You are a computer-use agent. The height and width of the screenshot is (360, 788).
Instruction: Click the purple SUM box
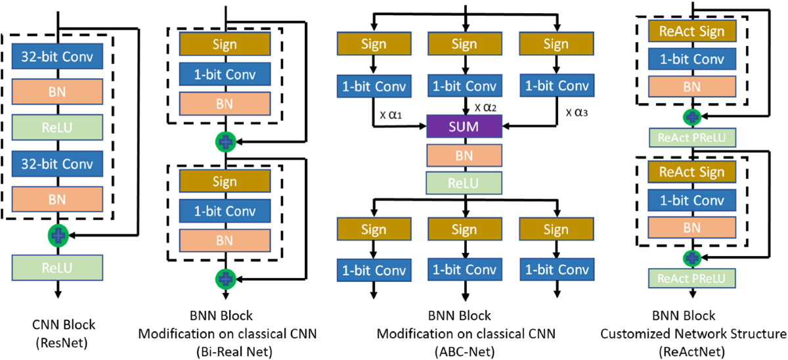(x=464, y=126)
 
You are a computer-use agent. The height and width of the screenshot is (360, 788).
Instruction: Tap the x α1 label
(x=391, y=115)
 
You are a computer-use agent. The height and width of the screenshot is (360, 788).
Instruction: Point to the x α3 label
(x=577, y=112)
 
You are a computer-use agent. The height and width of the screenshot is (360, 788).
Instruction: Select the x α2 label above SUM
(x=485, y=108)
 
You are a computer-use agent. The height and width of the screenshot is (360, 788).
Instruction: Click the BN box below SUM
(x=464, y=155)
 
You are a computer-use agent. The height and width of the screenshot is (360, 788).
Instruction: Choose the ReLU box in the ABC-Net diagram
(x=464, y=183)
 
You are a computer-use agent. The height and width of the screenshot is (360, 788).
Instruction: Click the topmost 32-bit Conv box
(x=57, y=56)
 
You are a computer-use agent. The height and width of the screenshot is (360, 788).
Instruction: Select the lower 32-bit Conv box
(x=57, y=164)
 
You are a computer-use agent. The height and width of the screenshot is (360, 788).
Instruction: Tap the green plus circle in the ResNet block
(x=58, y=235)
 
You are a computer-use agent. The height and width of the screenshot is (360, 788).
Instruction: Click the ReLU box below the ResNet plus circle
(x=57, y=268)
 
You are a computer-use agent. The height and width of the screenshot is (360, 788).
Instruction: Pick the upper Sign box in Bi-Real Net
(x=225, y=44)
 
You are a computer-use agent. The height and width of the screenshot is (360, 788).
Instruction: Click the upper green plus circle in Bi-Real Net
(x=225, y=142)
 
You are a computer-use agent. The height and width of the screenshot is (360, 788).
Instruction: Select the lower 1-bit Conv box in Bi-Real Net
(x=225, y=211)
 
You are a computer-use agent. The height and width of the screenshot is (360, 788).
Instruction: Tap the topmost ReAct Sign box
(x=692, y=31)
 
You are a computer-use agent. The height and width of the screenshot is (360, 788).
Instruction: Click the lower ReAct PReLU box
(x=691, y=279)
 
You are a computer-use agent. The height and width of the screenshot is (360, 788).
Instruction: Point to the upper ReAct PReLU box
(x=692, y=137)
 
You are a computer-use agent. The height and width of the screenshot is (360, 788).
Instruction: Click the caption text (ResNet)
(x=62, y=343)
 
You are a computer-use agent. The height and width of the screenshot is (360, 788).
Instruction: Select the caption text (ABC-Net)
(x=464, y=351)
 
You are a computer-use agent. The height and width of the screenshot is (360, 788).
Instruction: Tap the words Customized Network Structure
(x=693, y=334)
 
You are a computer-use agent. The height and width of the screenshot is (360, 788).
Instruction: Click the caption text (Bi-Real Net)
(x=234, y=351)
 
